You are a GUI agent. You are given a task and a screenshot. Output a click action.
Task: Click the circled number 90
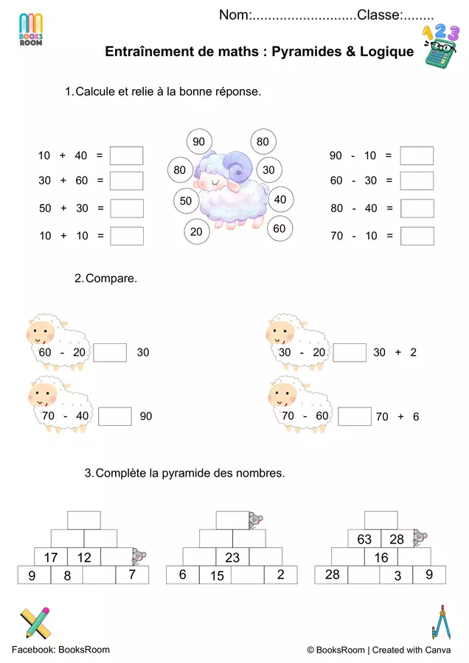click(x=199, y=141)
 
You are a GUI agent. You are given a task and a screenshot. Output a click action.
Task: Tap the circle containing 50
click(x=186, y=201)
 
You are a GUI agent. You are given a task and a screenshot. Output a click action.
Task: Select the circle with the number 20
click(x=196, y=232)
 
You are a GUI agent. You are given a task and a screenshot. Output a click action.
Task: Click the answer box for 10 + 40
click(x=127, y=155)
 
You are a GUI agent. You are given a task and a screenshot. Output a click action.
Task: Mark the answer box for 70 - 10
click(x=417, y=236)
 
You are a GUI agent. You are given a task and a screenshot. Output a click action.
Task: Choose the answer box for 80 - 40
click(x=417, y=208)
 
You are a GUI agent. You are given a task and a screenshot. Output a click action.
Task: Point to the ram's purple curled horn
click(x=237, y=166)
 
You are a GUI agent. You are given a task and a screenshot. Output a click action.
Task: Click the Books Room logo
click(x=31, y=29)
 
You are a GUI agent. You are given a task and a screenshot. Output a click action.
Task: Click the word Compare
click(x=111, y=278)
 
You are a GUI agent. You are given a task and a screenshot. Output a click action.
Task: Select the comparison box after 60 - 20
click(x=110, y=353)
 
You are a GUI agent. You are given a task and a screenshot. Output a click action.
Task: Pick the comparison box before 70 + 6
click(x=355, y=416)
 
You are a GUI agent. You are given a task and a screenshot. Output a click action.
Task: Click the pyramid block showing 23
click(x=232, y=557)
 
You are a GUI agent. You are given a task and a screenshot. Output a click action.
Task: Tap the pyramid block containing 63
click(x=364, y=539)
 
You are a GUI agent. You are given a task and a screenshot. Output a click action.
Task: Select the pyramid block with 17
click(x=51, y=557)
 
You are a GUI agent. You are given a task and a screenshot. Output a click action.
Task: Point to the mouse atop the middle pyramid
click(x=255, y=521)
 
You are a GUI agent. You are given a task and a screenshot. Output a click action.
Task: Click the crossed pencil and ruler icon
click(x=35, y=622)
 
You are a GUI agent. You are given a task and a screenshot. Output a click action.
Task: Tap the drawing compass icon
click(x=441, y=622)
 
